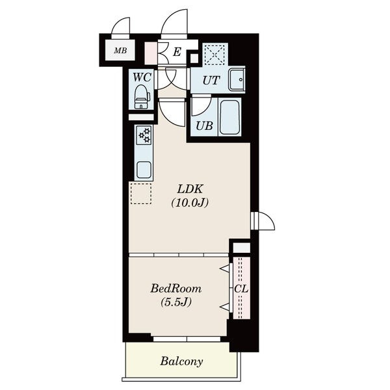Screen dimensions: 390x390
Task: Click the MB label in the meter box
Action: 120,51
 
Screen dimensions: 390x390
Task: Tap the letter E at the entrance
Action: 177,52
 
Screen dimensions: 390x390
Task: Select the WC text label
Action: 142,77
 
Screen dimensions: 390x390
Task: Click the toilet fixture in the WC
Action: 142,97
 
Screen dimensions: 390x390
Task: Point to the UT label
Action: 211,81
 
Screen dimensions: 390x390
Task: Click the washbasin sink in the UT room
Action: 237,80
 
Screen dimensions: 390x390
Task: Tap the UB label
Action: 204,126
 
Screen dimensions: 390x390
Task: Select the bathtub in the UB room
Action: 230,117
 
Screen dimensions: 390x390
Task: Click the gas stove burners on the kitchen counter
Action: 144,135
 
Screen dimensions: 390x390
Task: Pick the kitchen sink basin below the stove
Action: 144,170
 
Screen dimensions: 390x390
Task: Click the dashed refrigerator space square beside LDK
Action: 141,194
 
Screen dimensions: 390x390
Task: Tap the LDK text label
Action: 190,189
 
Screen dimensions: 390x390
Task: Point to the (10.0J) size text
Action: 190,203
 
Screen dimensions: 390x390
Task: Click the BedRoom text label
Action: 176,289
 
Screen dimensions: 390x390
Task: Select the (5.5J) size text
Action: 176,302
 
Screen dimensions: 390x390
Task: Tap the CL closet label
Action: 241,289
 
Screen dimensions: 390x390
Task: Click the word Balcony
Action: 181,361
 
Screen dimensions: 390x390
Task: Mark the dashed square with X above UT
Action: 215,55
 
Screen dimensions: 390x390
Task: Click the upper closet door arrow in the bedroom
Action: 224,268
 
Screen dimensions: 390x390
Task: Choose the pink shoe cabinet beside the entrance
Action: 151,53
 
